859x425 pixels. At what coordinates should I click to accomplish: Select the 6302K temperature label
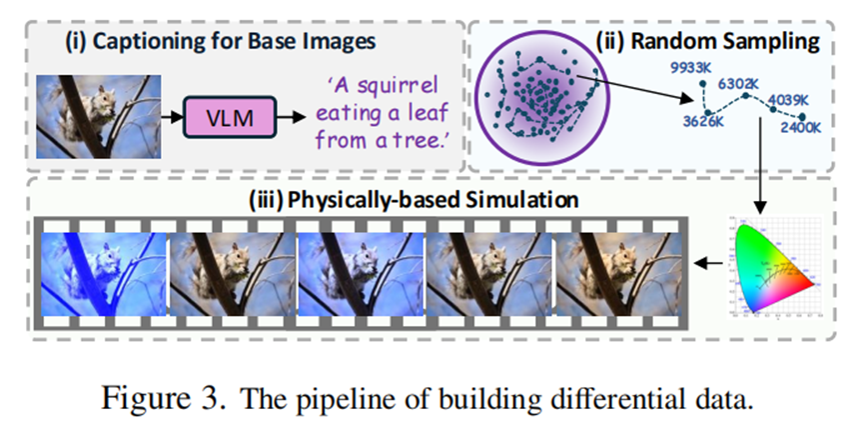click(740, 83)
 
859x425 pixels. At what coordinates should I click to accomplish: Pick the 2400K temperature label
click(800, 128)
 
